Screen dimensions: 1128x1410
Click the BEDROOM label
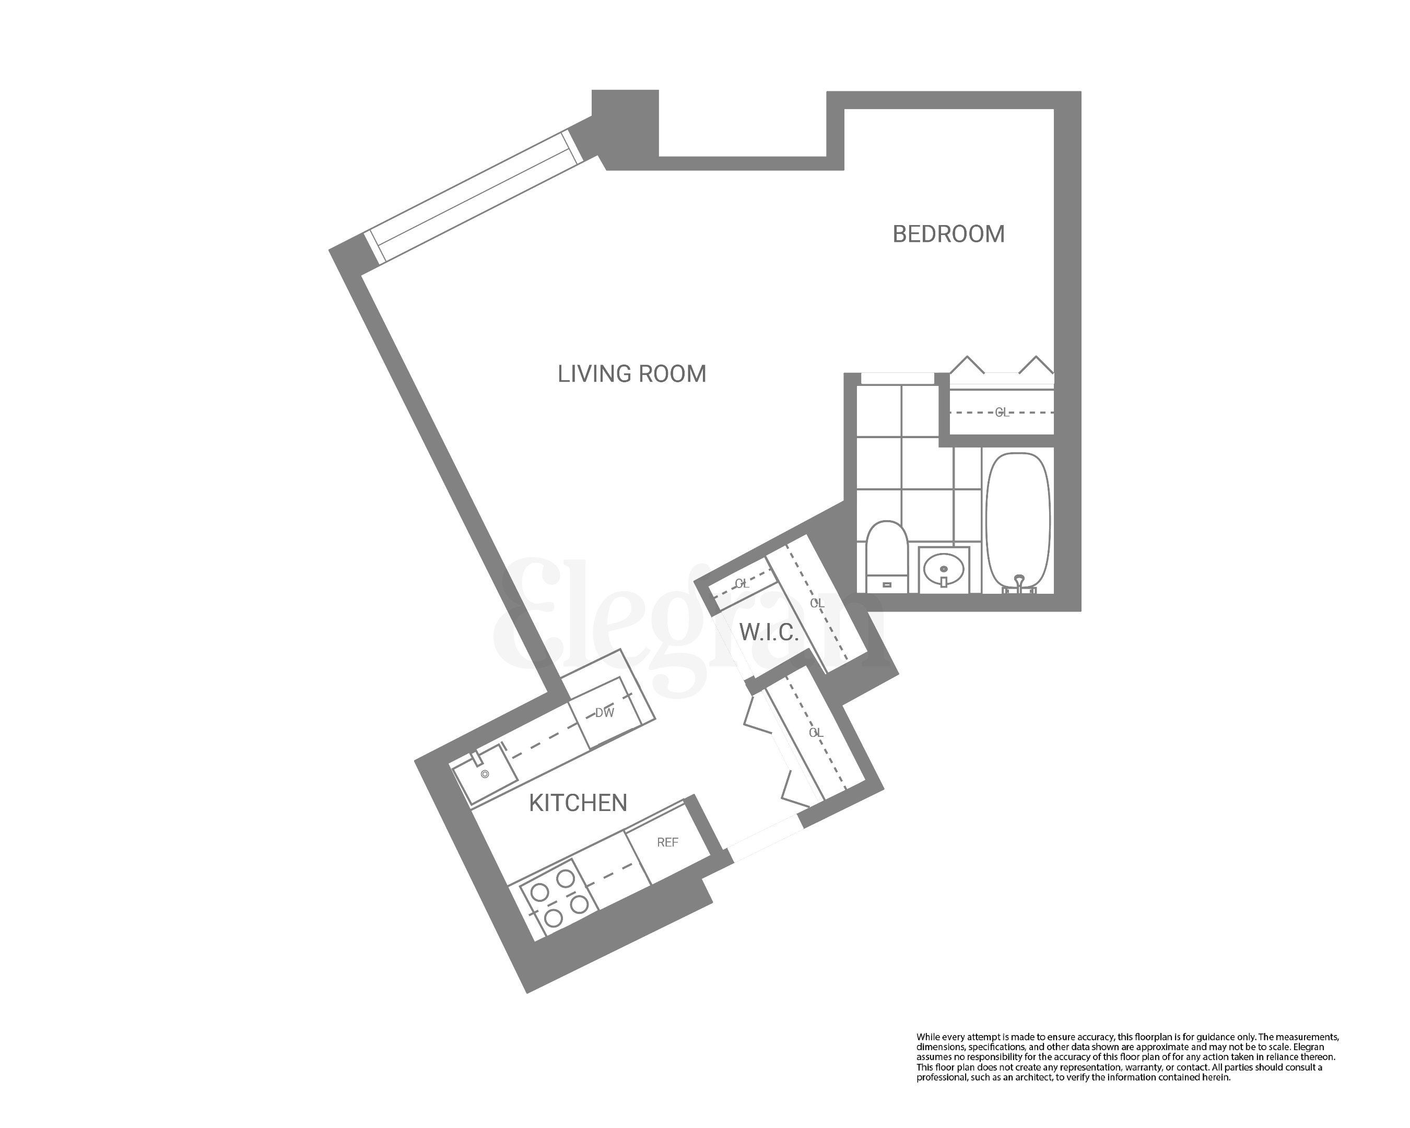click(x=948, y=234)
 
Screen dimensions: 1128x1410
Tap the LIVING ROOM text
click(x=632, y=374)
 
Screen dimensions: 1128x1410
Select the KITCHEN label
click(x=578, y=803)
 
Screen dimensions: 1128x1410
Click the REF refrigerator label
click(x=667, y=843)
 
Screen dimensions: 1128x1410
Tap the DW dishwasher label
click(x=604, y=713)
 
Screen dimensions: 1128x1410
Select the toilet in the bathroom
click(x=886, y=549)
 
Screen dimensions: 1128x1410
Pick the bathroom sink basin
click(x=944, y=568)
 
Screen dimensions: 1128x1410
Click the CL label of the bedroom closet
click(x=1001, y=413)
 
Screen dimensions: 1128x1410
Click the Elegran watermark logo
click(x=687, y=628)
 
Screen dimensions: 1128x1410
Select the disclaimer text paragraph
click(x=1127, y=1057)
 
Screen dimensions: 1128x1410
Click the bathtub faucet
click(x=1019, y=581)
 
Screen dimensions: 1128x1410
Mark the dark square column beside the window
click(x=625, y=124)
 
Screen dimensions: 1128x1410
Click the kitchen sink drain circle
click(x=485, y=775)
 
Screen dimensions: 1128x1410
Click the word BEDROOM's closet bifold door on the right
click(x=1036, y=366)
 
